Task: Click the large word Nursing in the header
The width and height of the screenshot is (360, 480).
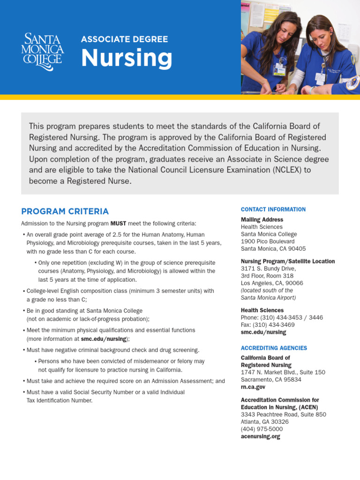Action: [x=127, y=58]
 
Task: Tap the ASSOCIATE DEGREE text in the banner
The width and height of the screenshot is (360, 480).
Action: [x=124, y=39]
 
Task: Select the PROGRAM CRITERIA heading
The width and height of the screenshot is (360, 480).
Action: [x=65, y=211]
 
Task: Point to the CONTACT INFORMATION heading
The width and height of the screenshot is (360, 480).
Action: [x=273, y=210]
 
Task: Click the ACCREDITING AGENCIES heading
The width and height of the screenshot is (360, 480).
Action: [x=274, y=348]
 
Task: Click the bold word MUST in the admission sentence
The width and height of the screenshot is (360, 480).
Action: [x=118, y=224]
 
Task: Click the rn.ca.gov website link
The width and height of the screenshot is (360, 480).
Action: [x=253, y=387]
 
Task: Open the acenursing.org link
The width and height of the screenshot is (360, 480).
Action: [x=260, y=436]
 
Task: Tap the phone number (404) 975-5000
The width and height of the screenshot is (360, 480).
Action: [x=262, y=429]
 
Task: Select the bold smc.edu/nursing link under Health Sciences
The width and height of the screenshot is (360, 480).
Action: [x=263, y=332]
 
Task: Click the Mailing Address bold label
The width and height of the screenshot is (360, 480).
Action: [x=262, y=219]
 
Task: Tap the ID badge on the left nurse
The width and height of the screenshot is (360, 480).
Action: [x=280, y=69]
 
